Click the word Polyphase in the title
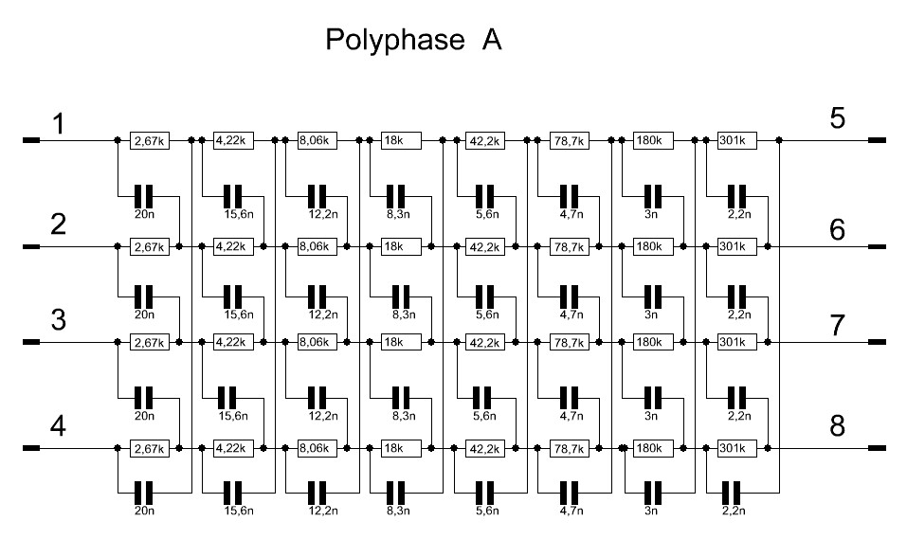[x=395, y=41]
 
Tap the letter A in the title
[x=491, y=40]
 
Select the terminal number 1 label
[x=59, y=124]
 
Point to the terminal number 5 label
[x=837, y=118]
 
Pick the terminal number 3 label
[x=59, y=320]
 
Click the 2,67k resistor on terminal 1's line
[x=150, y=140]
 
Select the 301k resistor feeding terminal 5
[x=737, y=140]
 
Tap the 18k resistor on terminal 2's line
[x=402, y=247]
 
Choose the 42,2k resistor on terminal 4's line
[x=485, y=448]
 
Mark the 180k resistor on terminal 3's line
[x=654, y=342]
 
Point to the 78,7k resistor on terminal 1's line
[x=570, y=140]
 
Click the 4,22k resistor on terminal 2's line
[x=234, y=247]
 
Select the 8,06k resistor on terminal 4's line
[x=317, y=448]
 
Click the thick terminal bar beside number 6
[x=877, y=247]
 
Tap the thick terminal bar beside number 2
[x=31, y=247]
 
